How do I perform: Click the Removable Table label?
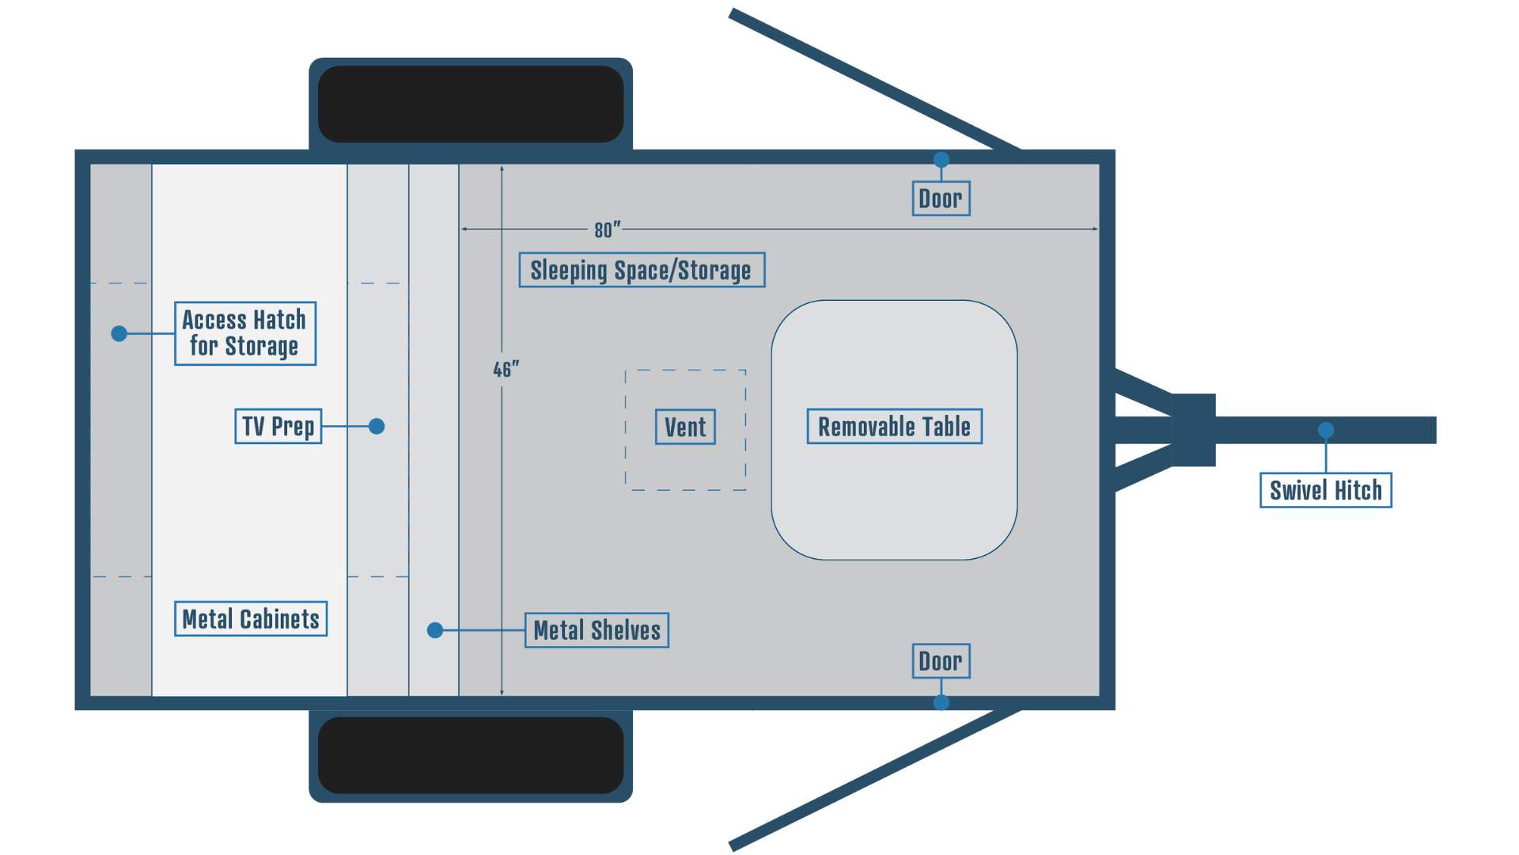tap(894, 427)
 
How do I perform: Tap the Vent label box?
tap(685, 427)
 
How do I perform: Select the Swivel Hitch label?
tap(1325, 490)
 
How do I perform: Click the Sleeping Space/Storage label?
tap(642, 270)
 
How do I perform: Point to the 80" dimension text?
tap(607, 230)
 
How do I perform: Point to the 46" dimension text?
tap(506, 370)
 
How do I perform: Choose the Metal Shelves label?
tap(597, 630)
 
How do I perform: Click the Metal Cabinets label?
tap(251, 618)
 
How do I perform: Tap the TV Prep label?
tap(278, 426)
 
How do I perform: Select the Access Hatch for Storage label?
tap(245, 333)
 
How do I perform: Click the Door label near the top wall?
tap(941, 198)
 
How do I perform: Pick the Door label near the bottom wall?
tap(941, 661)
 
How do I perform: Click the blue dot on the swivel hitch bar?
tap(1326, 430)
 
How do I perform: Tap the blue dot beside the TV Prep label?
tap(377, 426)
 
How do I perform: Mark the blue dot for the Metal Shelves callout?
tap(435, 630)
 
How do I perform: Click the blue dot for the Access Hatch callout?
tap(119, 333)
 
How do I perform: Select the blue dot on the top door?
tap(941, 160)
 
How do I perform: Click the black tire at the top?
tap(471, 104)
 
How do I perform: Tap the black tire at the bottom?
tap(471, 755)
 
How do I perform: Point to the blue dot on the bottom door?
tap(941, 702)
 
